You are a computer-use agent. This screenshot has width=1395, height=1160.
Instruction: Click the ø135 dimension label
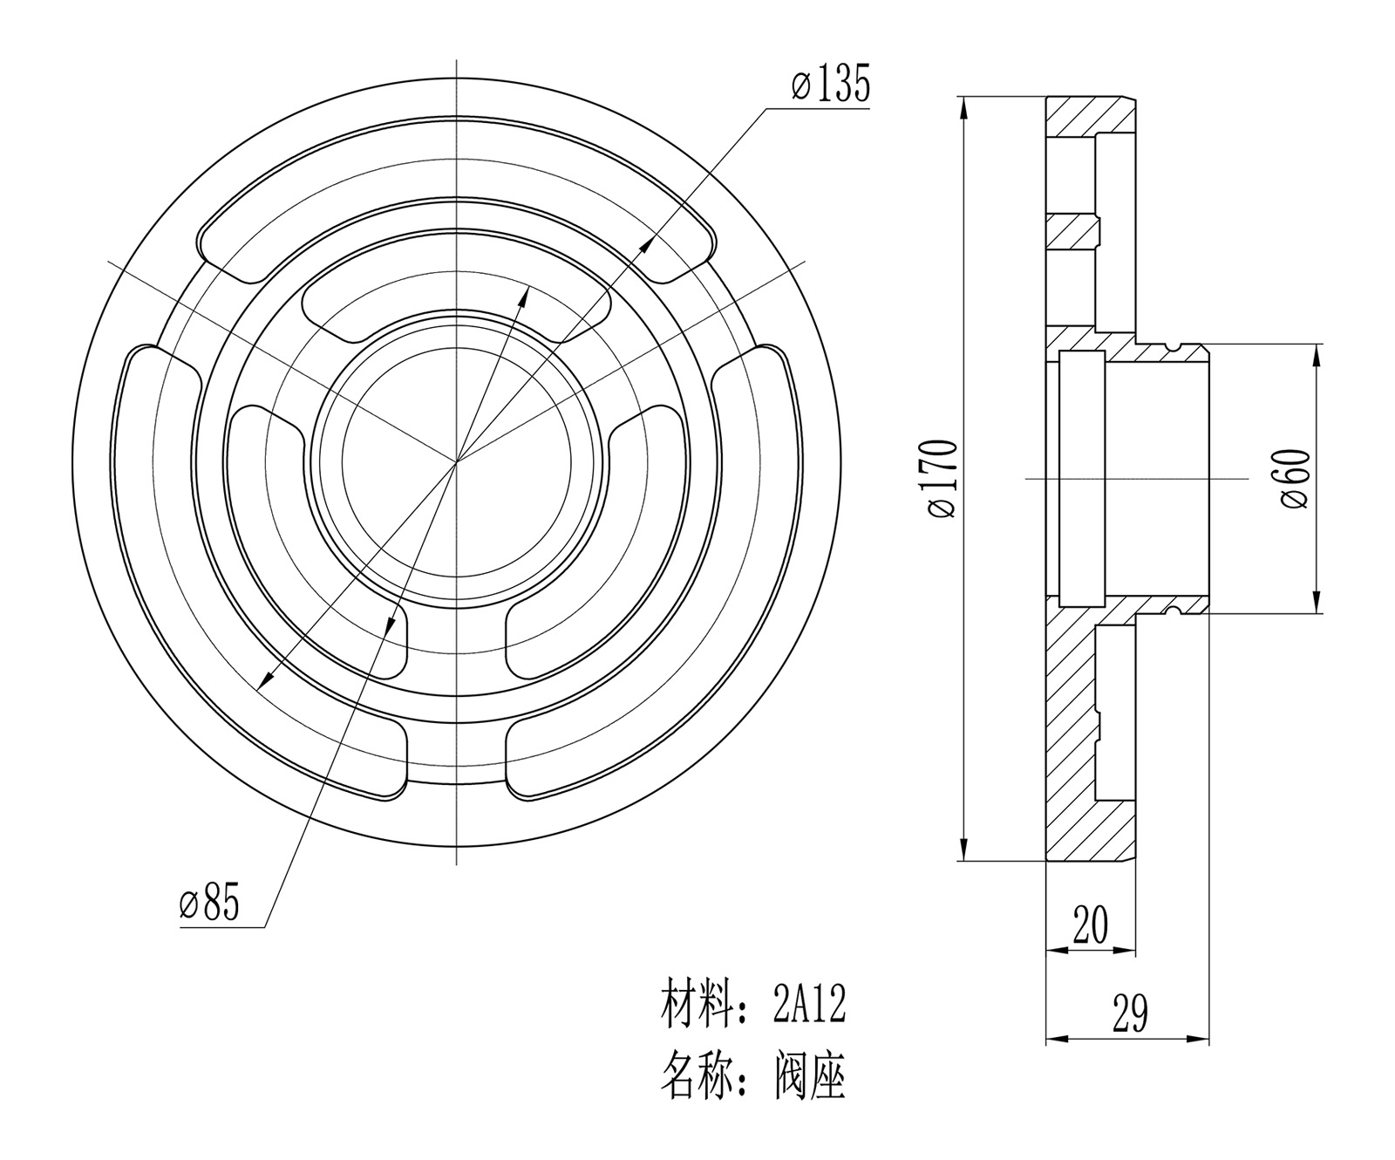click(x=831, y=85)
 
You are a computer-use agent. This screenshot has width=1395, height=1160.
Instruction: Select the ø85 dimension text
click(x=209, y=904)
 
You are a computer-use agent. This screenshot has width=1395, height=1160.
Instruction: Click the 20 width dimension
click(x=1090, y=925)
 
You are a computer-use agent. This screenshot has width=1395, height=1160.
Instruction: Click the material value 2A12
click(x=809, y=1006)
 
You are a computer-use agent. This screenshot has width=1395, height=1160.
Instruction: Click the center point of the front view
click(x=457, y=461)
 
